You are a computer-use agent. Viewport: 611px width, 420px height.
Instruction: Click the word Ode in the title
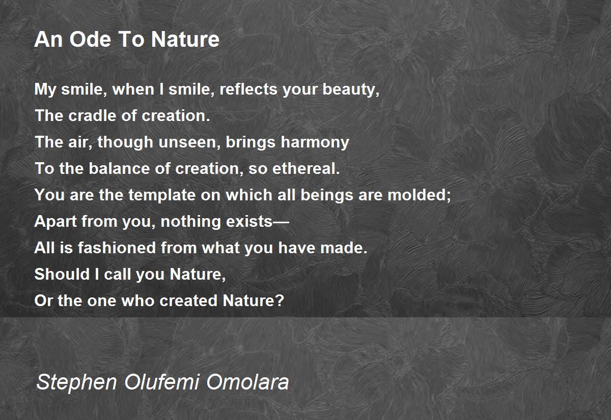click(x=90, y=39)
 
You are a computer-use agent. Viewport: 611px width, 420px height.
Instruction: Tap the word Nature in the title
click(x=185, y=39)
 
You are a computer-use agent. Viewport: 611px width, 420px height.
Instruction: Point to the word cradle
click(x=92, y=115)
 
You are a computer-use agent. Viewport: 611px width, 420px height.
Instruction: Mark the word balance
click(x=119, y=168)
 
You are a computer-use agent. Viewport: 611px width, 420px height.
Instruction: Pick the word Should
click(x=62, y=274)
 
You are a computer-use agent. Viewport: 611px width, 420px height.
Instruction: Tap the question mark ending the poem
click(x=280, y=301)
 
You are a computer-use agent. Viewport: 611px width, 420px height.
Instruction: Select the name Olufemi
click(x=162, y=381)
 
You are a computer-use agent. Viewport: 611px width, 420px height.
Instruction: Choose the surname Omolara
click(x=247, y=382)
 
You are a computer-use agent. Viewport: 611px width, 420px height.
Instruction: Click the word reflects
click(x=248, y=89)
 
